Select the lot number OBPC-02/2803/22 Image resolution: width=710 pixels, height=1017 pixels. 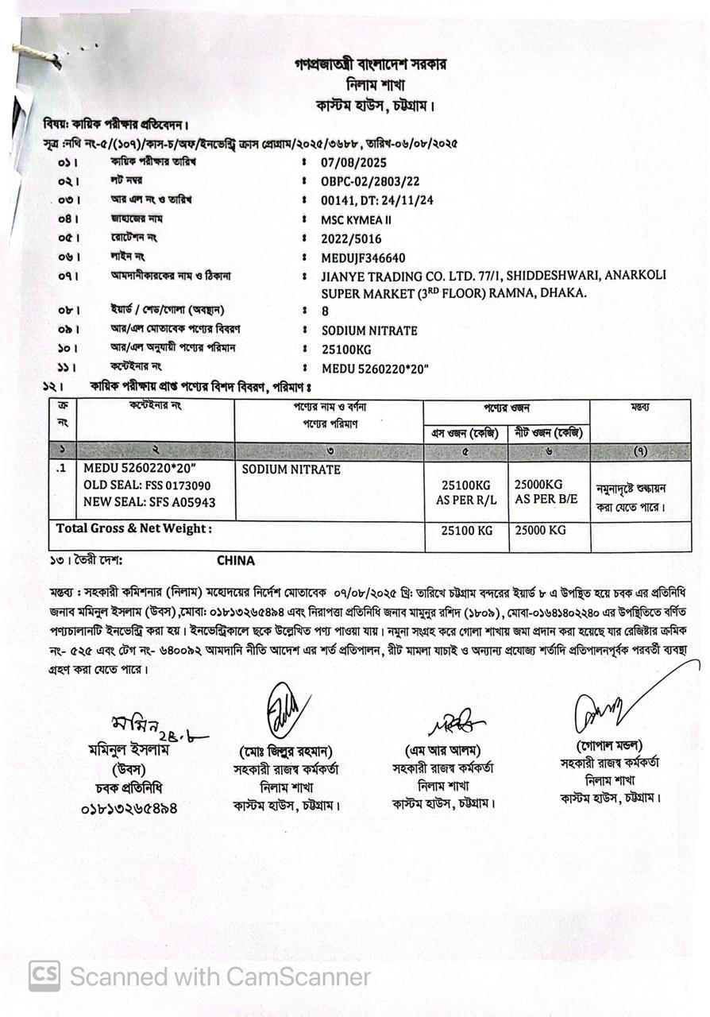(x=371, y=181)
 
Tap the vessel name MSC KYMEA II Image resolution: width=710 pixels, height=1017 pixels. (x=356, y=219)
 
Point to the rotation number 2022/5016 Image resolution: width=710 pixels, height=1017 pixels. (x=351, y=238)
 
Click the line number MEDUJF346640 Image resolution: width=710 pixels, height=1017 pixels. (x=363, y=257)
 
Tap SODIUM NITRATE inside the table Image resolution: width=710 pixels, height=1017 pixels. (x=291, y=470)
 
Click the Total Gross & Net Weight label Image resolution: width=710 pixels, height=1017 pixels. (x=134, y=528)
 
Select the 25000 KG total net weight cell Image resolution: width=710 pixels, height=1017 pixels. (x=540, y=530)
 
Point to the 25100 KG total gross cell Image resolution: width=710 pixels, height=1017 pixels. (x=467, y=531)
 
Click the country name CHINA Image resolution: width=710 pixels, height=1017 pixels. (x=236, y=560)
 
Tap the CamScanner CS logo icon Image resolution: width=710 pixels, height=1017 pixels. (x=44, y=976)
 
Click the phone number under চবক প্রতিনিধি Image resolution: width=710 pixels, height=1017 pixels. (x=129, y=809)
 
